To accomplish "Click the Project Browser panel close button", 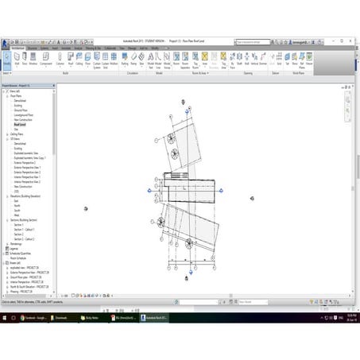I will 53,84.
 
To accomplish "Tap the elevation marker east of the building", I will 252,198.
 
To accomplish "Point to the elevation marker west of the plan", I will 86,208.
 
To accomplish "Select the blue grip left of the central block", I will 149,191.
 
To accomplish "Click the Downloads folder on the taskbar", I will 64,317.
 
